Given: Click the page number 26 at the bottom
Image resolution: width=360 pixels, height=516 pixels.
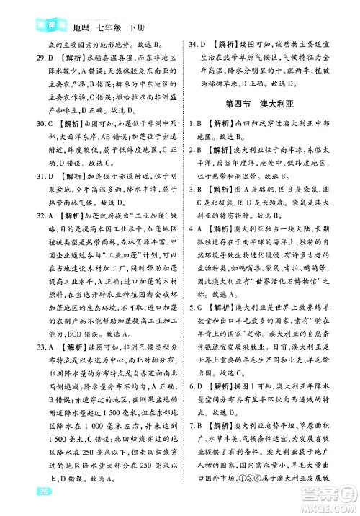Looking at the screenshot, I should click(24, 493).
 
